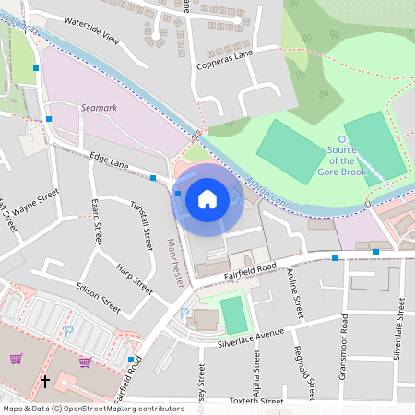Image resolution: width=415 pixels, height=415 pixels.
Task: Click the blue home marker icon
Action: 207,198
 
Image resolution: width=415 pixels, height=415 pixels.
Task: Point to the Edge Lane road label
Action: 109,161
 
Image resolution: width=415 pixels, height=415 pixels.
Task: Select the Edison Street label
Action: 99,297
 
